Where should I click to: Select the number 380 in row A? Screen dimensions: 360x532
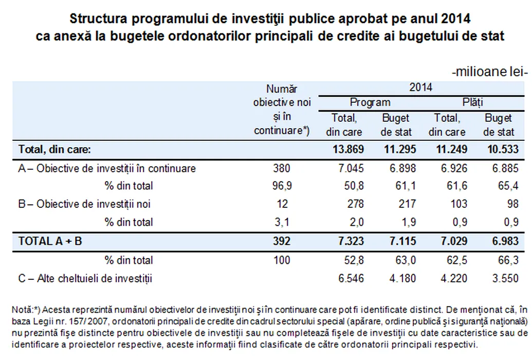(x=282, y=168)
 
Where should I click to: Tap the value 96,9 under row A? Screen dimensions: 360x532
(x=282, y=186)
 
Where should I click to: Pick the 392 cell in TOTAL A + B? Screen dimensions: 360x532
(x=282, y=241)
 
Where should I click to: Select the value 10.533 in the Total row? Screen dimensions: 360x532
(x=498, y=150)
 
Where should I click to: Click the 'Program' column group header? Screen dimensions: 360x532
(x=370, y=102)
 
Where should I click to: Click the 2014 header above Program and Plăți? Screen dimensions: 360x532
(x=420, y=87)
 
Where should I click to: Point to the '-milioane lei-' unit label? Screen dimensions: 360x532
(x=490, y=72)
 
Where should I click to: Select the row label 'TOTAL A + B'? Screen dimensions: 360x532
(x=50, y=241)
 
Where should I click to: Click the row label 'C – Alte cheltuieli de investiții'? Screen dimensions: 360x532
(x=85, y=279)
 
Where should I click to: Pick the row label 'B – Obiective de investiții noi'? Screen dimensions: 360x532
(x=85, y=204)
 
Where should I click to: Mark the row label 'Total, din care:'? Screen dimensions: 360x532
(x=54, y=150)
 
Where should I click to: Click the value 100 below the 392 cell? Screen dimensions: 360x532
(x=282, y=260)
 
